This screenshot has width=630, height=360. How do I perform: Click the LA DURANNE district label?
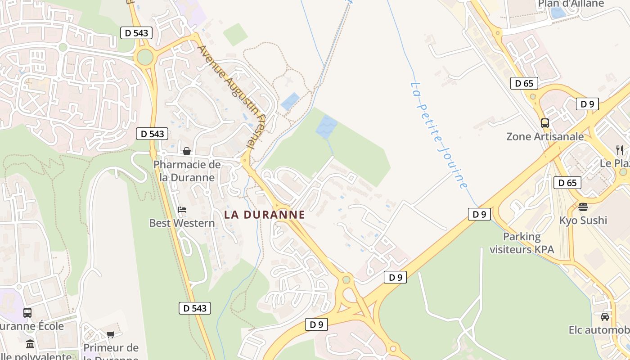coord(265,215)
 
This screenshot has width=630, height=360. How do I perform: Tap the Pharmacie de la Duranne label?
coord(187,171)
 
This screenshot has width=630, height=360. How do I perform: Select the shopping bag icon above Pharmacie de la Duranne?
coord(186,151)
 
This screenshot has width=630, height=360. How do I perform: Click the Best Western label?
coord(182,223)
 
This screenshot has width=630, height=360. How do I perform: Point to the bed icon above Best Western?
coord(182,209)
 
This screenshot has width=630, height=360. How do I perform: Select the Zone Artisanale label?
coord(545,136)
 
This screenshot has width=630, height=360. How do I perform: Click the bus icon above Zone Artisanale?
coord(544,123)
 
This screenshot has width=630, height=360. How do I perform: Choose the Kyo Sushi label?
coord(583,220)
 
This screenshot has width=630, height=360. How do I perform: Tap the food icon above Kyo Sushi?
coord(583,207)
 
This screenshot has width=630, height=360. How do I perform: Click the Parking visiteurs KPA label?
coord(522,243)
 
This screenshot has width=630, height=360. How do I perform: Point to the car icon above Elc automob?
coord(604,317)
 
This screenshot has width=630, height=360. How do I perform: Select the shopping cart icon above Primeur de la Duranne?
coord(110,334)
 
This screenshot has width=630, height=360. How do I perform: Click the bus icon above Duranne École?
coord(27,312)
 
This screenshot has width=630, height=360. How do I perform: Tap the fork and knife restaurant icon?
coord(620,150)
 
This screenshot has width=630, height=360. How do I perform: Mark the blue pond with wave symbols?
coord(327,126)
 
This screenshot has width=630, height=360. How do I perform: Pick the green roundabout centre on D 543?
coord(145,57)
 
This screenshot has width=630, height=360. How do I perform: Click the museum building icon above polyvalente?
coord(30,344)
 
